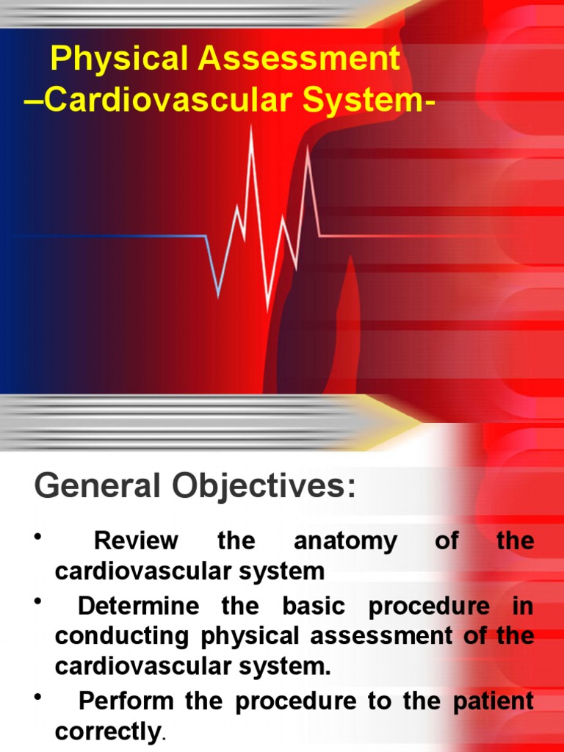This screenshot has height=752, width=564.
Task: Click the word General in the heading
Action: pos(96,486)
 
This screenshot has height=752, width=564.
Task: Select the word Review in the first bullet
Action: pos(136,541)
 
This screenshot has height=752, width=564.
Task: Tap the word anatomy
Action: pos(345,541)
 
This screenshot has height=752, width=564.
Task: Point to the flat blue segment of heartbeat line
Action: pos(110,236)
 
